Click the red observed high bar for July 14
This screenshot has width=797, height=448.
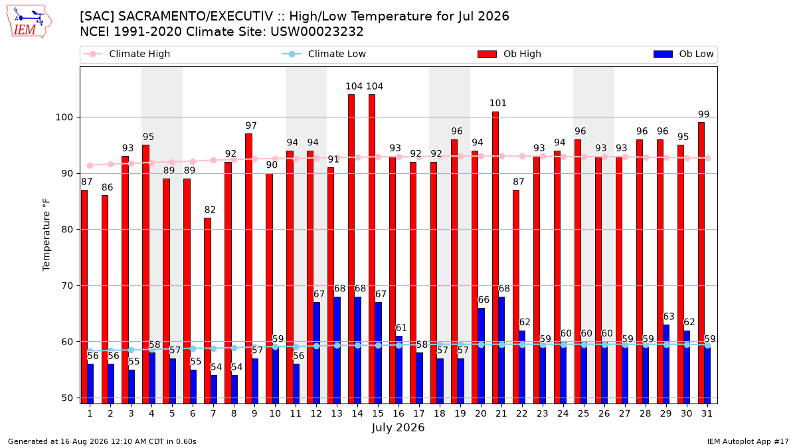(x=351, y=249)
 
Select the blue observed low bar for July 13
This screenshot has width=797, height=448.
(x=337, y=350)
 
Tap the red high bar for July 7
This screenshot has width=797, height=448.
(x=207, y=311)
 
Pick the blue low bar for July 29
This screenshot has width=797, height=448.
(x=665, y=364)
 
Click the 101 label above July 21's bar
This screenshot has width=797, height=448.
(x=497, y=103)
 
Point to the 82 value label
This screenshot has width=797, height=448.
(x=210, y=210)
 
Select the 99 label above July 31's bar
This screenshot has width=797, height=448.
(x=704, y=114)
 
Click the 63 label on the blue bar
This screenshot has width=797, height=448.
(x=669, y=317)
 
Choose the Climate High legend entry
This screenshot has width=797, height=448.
(x=126, y=54)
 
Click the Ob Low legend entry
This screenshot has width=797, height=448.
(x=683, y=54)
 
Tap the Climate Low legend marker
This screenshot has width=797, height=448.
(x=292, y=54)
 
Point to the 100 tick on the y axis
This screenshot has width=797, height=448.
(x=64, y=117)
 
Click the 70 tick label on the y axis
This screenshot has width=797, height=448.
(x=67, y=285)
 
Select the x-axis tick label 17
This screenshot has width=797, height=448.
(x=419, y=413)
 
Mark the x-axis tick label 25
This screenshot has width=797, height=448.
(x=584, y=413)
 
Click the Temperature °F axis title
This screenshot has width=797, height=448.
(x=46, y=235)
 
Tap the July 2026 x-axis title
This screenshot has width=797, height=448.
(x=398, y=427)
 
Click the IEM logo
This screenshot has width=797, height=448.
(x=29, y=22)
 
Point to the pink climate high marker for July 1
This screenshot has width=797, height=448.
(x=90, y=166)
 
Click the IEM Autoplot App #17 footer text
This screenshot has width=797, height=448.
(x=748, y=441)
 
